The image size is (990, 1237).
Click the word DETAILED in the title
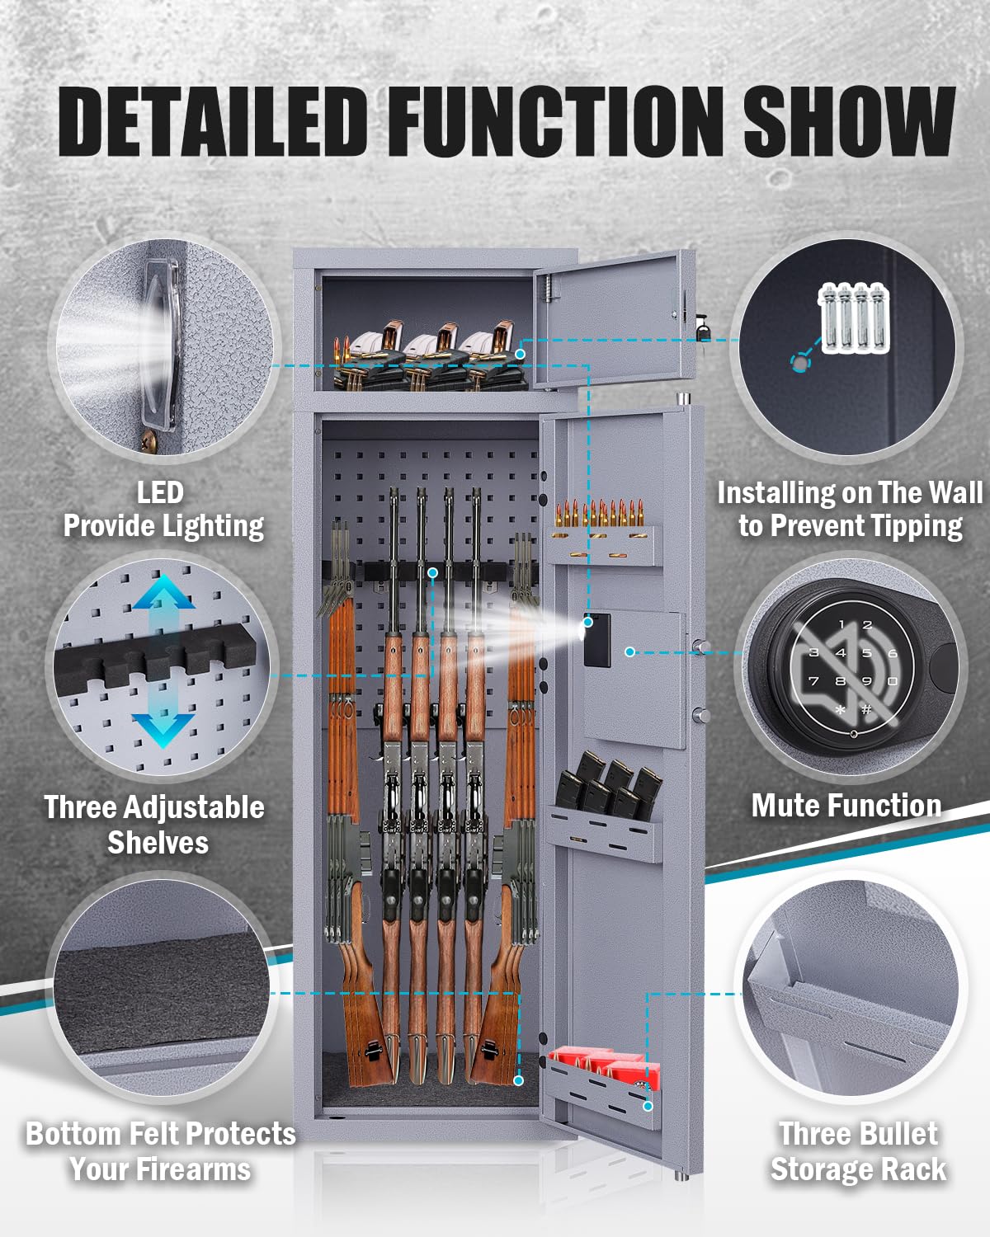[x=213, y=122]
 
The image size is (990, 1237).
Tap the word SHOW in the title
[x=849, y=122]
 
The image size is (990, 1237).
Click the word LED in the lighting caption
[x=160, y=492]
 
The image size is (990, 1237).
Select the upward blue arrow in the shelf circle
[x=164, y=592]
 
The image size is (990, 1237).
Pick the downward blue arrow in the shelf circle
[x=164, y=729]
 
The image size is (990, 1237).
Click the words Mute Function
[x=846, y=806]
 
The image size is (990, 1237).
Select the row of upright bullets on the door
[x=599, y=513]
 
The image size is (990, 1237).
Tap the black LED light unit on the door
[x=597, y=640]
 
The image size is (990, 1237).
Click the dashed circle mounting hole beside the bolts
[x=799, y=363]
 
